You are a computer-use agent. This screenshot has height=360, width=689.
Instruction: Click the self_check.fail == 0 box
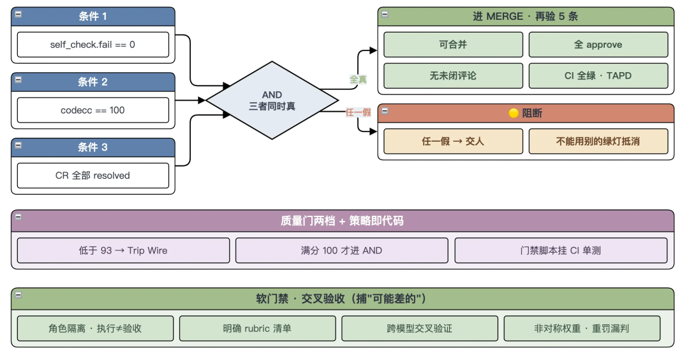click(93, 45)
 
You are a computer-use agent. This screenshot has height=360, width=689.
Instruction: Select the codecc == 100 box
click(93, 110)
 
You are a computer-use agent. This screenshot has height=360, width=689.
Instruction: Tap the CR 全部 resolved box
click(93, 176)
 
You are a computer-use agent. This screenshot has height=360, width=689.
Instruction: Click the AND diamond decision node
click(272, 100)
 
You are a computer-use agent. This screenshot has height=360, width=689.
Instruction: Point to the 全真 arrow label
click(358, 79)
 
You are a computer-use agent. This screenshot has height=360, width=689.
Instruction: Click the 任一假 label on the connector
click(358, 112)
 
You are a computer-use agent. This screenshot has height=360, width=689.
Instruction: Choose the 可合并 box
click(453, 45)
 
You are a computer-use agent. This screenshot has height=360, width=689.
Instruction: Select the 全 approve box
click(598, 45)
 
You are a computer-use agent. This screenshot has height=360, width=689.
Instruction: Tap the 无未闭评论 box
click(453, 75)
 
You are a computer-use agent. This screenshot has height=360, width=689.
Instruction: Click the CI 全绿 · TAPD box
click(598, 75)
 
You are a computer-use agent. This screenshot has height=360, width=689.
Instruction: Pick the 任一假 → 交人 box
click(453, 141)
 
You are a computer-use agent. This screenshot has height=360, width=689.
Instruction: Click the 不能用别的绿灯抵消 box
click(598, 141)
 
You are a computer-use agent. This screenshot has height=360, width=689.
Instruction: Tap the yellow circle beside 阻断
click(513, 114)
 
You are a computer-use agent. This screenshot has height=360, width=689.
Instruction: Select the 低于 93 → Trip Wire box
click(123, 251)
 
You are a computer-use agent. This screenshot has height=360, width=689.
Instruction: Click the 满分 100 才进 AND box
click(341, 251)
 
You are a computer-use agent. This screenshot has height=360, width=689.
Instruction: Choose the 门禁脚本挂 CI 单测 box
click(561, 251)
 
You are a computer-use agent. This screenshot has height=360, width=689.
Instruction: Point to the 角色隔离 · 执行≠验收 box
click(95, 328)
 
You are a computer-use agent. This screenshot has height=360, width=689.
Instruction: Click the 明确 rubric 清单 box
click(258, 328)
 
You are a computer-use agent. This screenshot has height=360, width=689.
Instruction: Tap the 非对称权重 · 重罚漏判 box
click(582, 328)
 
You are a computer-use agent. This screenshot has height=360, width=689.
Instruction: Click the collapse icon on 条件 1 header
click(19, 14)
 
